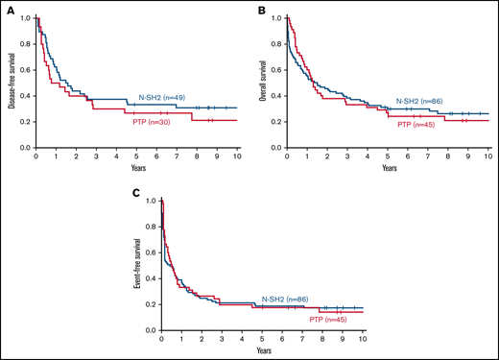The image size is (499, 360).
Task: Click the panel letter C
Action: point(136,192)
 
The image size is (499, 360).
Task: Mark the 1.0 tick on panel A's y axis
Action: point(27,18)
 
